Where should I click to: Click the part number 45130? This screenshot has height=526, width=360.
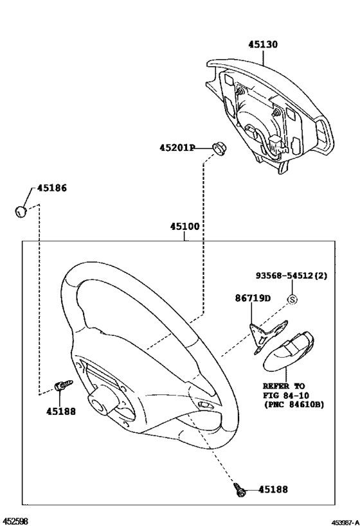point(263,44)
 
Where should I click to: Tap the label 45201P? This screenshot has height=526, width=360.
point(177,148)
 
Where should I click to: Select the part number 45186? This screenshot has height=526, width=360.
point(51,188)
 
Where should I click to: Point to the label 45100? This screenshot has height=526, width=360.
point(184,227)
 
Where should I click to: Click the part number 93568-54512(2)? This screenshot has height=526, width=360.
point(291,276)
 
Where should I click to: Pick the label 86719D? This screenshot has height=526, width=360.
point(253,298)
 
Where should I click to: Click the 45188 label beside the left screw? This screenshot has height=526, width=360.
point(61,411)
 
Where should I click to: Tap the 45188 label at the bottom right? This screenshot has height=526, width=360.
point(273,489)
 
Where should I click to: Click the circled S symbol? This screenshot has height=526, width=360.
point(292,299)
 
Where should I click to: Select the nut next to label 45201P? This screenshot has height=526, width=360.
point(219,148)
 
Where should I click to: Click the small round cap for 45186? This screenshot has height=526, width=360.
point(21,211)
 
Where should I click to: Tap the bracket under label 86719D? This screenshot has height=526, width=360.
point(267,336)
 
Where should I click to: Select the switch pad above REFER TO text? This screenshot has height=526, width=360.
point(289,353)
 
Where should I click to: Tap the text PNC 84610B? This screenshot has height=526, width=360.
point(294,405)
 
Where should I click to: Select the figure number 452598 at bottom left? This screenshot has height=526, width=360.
point(14,521)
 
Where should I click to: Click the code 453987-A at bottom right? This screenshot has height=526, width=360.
point(346,522)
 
